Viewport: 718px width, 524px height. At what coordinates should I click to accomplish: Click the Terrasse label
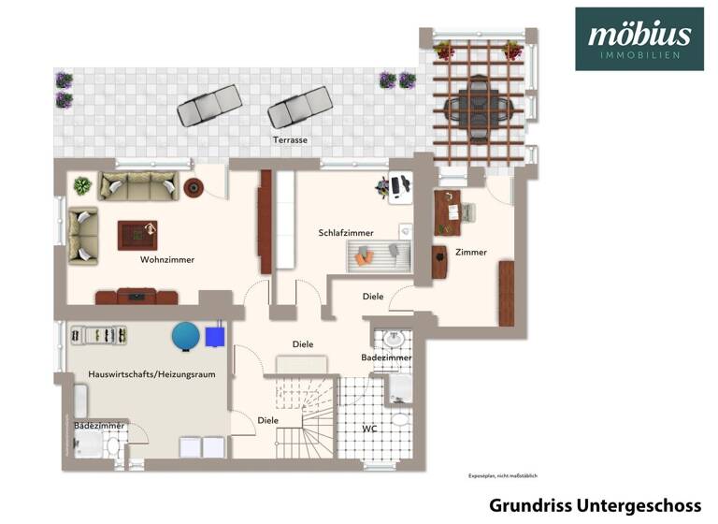(290, 140)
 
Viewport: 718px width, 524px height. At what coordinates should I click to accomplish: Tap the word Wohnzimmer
(167, 259)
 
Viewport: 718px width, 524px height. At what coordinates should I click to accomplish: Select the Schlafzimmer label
(346, 232)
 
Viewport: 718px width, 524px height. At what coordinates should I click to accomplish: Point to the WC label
(369, 429)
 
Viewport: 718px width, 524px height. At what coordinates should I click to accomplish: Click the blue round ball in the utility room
(185, 335)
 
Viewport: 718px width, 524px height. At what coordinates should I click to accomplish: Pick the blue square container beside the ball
(216, 334)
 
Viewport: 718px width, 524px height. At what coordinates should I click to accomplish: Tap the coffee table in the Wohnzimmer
(137, 234)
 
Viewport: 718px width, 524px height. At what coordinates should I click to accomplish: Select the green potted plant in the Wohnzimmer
(82, 185)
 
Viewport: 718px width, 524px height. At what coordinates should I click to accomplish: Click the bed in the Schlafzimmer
(380, 254)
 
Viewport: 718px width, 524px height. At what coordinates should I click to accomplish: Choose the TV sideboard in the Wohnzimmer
(136, 297)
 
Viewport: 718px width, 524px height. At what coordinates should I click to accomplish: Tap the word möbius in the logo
(639, 35)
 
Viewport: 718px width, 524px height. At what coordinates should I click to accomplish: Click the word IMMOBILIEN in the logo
(639, 56)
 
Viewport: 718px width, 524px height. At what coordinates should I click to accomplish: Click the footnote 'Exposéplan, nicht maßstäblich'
(503, 475)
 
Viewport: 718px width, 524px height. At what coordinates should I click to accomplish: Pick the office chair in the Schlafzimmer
(383, 187)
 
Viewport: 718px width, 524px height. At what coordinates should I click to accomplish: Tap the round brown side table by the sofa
(194, 187)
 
